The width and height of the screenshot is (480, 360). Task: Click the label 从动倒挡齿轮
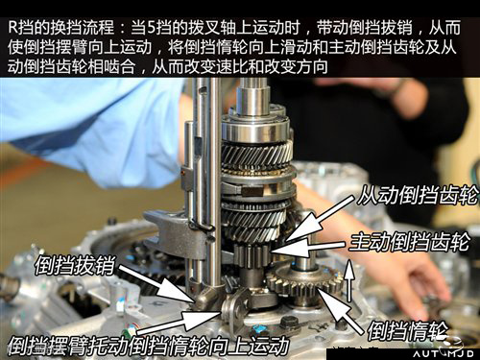(418, 195)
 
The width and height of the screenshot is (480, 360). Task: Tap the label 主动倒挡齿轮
(410, 242)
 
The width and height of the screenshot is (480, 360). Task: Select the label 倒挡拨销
(75, 265)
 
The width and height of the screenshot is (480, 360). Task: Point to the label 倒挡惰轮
(407, 331)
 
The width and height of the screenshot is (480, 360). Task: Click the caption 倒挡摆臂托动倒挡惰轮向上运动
(149, 346)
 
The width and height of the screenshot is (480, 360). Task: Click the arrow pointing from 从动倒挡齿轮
(320, 219)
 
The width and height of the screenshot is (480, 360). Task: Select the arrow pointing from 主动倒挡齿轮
(308, 248)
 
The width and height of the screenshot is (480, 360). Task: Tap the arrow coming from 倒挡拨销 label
(157, 283)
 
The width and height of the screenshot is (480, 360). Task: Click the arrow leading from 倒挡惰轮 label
(340, 310)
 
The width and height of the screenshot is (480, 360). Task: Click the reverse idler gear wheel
(303, 281)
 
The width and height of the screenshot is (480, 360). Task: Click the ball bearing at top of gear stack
(256, 129)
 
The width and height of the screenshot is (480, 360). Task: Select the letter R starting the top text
(12, 27)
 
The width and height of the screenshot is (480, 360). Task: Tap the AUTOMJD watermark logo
(444, 353)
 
